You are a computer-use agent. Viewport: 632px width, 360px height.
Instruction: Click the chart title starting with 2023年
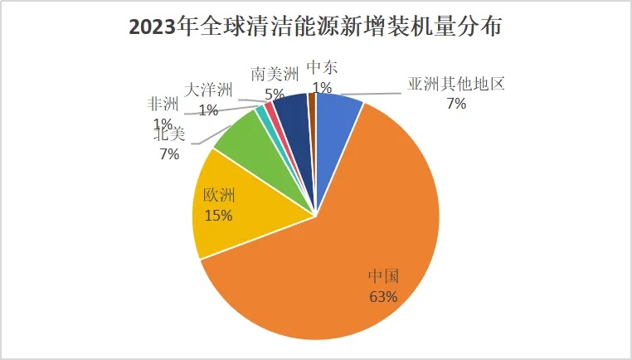coord(316,27)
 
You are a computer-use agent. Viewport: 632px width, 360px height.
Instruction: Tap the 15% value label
coord(218,215)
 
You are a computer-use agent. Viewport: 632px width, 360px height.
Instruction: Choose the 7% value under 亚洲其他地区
coord(455,104)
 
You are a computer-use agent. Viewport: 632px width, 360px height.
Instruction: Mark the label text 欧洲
coord(220,197)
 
